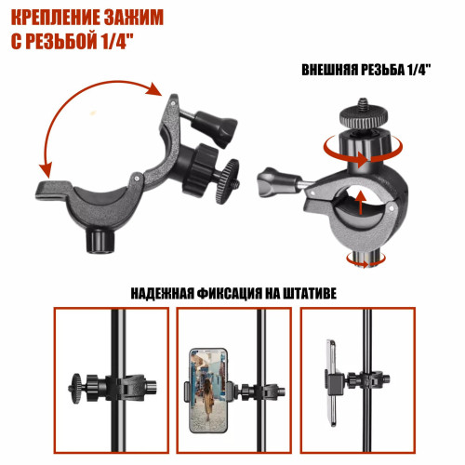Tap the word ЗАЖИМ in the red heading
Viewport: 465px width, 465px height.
pos(134,19)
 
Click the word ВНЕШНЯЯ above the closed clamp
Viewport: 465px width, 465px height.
pos(330,71)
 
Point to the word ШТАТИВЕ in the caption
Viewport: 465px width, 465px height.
pos(310,293)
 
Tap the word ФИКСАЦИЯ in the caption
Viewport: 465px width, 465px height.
pos(230,294)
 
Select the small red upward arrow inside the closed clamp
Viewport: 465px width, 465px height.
pos(360,203)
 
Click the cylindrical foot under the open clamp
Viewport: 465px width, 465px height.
pos(100,241)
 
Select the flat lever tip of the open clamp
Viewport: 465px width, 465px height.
pos(52,189)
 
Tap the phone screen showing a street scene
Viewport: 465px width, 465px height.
pos(208,391)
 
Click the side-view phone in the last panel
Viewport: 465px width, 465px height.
pos(332,383)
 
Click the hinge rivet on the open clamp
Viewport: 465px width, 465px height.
pos(137,179)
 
